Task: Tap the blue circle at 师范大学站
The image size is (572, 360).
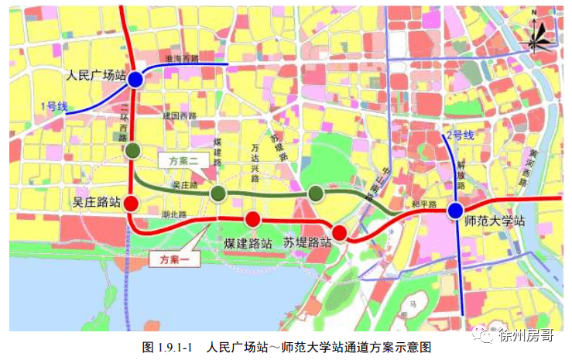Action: click(455, 210)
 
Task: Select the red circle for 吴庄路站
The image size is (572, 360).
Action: click(132, 204)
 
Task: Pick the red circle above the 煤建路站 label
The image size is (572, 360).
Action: click(252, 219)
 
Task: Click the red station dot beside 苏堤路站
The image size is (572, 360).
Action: click(340, 231)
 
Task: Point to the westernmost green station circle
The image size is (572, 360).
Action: click(133, 150)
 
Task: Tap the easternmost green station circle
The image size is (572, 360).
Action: click(315, 193)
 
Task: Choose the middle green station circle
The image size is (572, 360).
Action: click(219, 193)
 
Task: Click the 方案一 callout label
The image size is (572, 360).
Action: click(175, 260)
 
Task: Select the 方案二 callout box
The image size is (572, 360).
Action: click(181, 161)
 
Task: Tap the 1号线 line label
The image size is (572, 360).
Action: click(53, 105)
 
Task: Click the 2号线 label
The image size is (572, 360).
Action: click(460, 135)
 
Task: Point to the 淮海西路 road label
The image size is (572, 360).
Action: click(183, 59)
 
